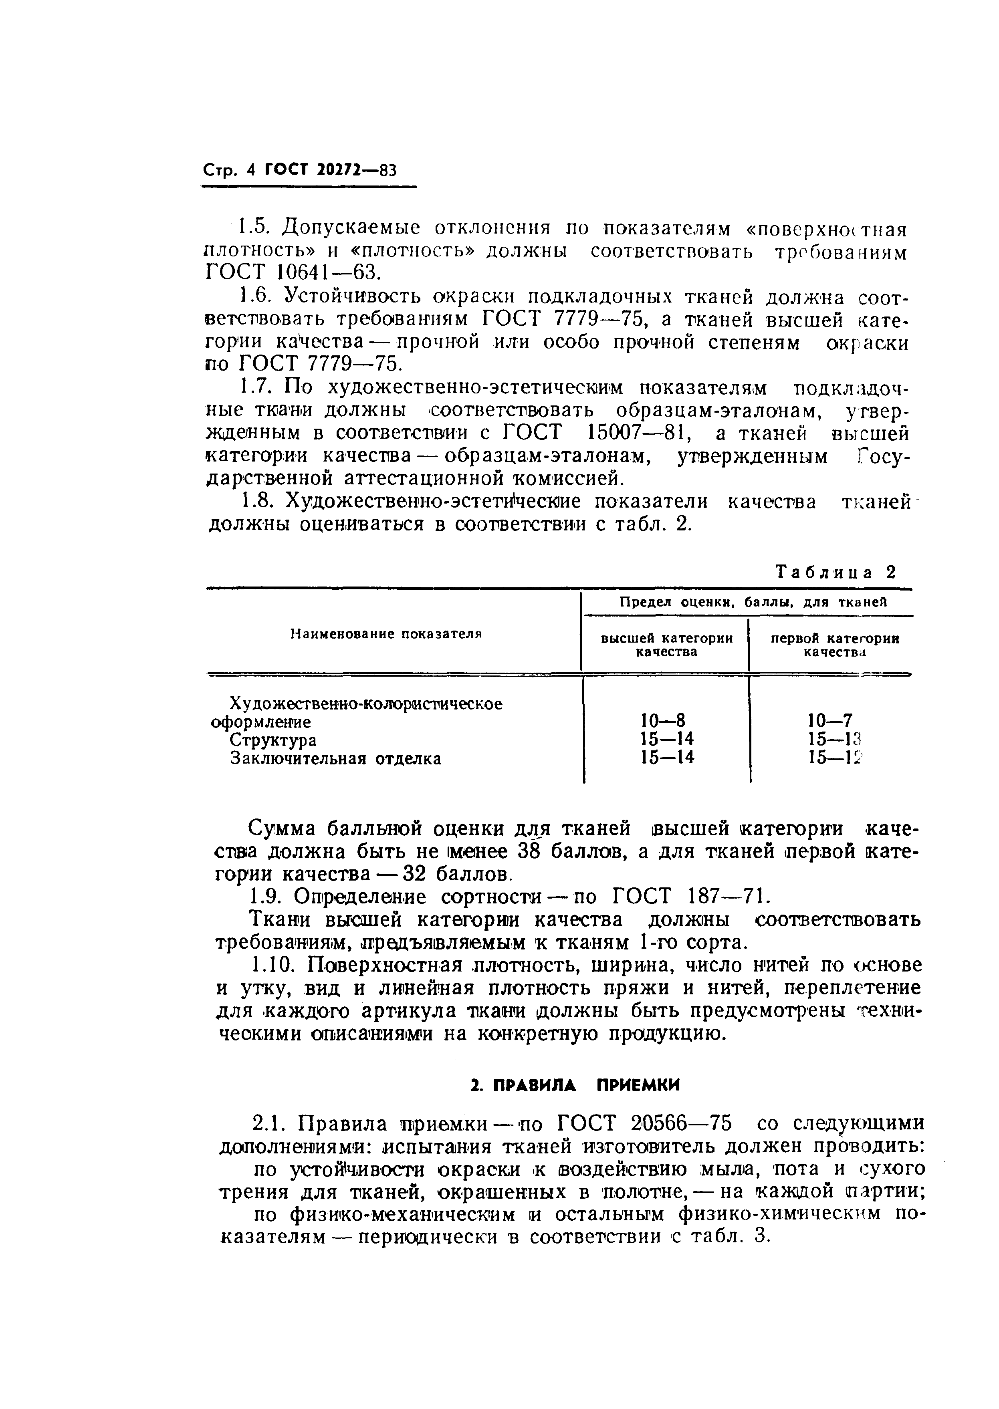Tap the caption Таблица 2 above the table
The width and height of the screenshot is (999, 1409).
(x=836, y=572)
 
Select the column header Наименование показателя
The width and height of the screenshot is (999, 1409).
(x=386, y=633)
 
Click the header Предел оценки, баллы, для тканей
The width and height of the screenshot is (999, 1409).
(x=753, y=603)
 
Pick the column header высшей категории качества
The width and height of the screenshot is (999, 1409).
(x=666, y=645)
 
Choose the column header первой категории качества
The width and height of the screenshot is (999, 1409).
(x=835, y=645)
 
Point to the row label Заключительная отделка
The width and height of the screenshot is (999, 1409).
(x=336, y=759)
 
